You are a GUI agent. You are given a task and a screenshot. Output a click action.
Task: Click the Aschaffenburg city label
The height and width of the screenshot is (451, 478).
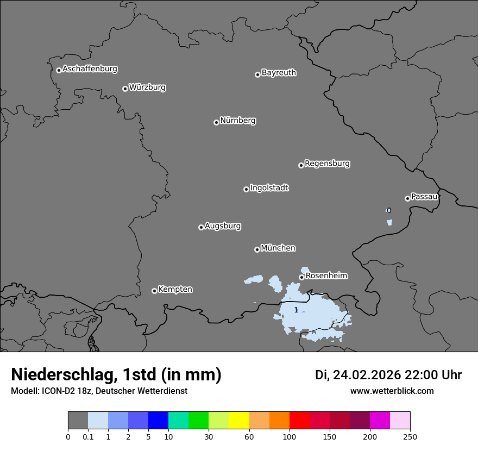(90, 69)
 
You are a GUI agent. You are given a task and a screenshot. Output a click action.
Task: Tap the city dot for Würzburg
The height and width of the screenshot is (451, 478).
(125, 89)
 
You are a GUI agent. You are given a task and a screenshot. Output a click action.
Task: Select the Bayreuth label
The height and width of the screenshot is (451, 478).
(279, 73)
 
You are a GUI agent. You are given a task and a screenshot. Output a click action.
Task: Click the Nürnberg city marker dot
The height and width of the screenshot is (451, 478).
(216, 122)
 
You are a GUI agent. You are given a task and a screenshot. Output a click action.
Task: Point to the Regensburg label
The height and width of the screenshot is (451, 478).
(327, 164)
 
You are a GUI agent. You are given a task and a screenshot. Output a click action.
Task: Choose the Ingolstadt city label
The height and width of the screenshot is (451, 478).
(269, 188)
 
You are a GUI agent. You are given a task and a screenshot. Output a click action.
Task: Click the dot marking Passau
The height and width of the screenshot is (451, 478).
(407, 198)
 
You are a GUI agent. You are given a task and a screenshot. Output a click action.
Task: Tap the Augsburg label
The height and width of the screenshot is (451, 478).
(223, 226)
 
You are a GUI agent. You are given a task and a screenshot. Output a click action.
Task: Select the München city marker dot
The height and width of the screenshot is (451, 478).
(257, 249)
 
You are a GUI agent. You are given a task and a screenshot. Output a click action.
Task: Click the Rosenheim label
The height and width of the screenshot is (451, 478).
(326, 276)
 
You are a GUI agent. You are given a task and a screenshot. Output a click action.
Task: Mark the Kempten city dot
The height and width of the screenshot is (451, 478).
(154, 291)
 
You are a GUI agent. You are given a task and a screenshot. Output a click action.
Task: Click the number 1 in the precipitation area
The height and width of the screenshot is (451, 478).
(295, 310)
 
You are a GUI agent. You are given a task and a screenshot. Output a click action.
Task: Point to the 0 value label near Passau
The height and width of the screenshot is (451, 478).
(388, 210)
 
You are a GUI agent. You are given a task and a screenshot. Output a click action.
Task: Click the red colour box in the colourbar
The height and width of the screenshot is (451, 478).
(299, 421)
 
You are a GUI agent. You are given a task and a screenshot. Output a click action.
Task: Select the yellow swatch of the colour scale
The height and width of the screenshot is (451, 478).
(239, 421)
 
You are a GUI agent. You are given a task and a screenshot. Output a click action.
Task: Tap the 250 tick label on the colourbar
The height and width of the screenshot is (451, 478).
(410, 436)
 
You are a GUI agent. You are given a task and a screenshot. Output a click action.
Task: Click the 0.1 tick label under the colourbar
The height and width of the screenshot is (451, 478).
(88, 436)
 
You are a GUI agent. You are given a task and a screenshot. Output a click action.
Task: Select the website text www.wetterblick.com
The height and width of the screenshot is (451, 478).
(392, 391)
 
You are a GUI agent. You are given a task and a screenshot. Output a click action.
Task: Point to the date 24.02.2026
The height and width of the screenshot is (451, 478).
(367, 375)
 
